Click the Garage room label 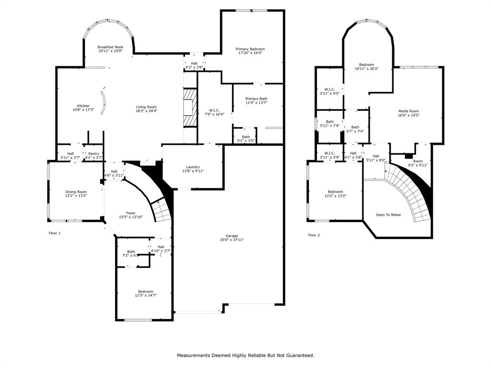tap(232, 236)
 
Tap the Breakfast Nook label tap(110, 47)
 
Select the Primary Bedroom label tap(250, 49)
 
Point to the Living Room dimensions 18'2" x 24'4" tap(146, 111)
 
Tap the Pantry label tap(94, 153)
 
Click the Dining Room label tap(76, 192)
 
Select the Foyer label tap(130, 213)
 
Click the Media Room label tap(408, 111)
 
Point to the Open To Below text tap(388, 215)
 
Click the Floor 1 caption tap(55, 233)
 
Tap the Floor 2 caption tap(314, 235)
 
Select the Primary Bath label tap(256, 99)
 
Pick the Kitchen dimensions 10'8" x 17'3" tap(83, 110)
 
